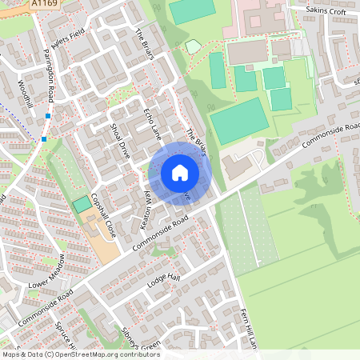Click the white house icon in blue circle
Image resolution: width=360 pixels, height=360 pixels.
coord(179,172)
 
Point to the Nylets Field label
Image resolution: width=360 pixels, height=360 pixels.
coord(67,36)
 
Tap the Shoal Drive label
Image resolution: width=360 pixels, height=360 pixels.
coord(120,141)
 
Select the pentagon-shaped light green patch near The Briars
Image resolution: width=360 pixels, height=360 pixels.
coord(193,46)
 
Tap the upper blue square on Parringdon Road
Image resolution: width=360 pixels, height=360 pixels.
coord(48,116)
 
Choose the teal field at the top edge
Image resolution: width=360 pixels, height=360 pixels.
coord(192,10)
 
